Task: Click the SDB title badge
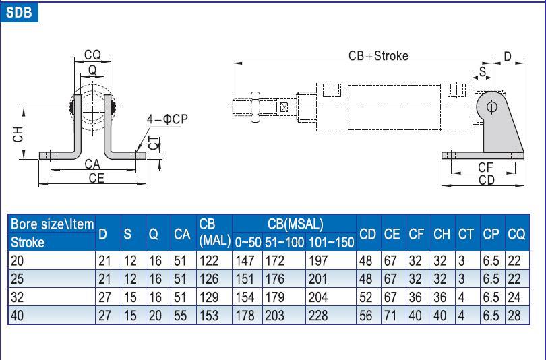coord(19,11)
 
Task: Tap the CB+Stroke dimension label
coord(378,56)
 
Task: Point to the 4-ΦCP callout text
coord(167,119)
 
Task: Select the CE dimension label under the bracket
coord(96,177)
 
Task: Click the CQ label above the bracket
coord(92,55)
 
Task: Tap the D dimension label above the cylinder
coord(508,57)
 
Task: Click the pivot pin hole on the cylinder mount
coord(491,106)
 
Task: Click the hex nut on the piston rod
coord(255,106)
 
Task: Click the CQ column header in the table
coord(516,234)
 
